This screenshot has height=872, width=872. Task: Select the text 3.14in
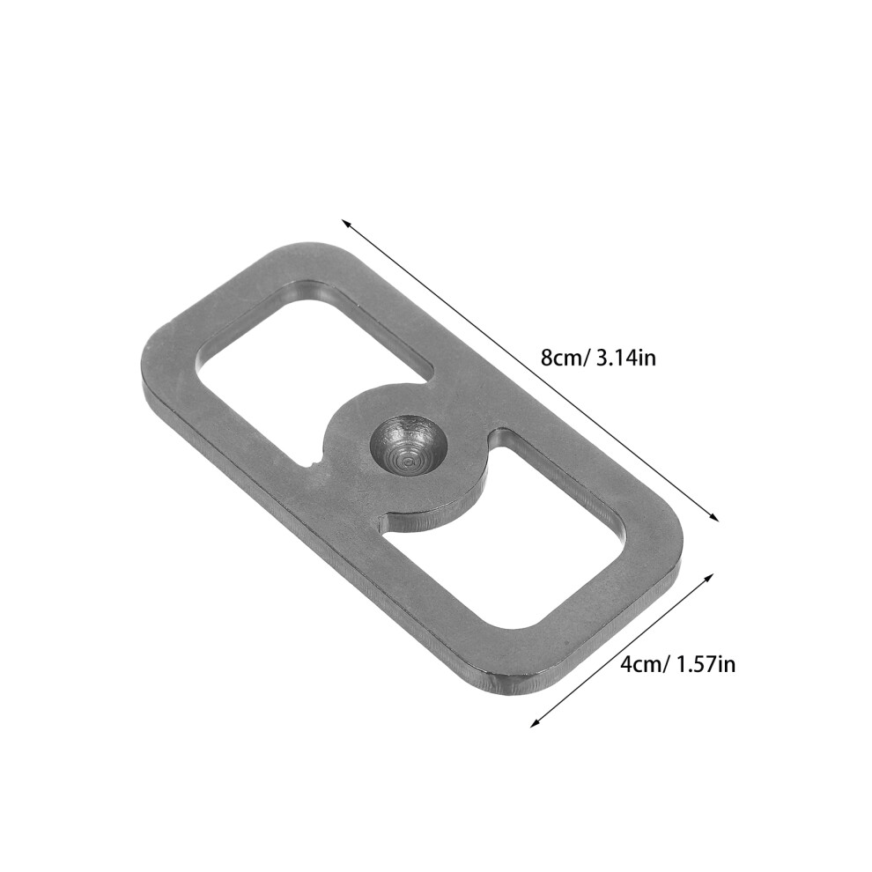626,357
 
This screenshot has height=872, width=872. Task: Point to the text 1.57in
706,664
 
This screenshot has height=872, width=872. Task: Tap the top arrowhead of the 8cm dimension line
345,223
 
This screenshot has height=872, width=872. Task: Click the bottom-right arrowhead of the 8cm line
714,517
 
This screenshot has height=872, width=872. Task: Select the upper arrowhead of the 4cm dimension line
708,577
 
